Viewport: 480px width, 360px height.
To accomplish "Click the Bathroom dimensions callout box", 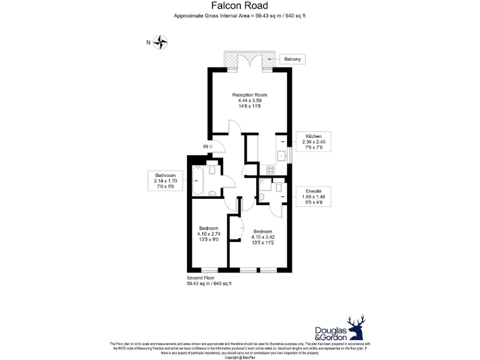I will (166, 181).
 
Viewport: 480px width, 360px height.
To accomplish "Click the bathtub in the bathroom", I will (197, 181).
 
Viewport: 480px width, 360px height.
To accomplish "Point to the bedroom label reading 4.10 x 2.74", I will (208, 234).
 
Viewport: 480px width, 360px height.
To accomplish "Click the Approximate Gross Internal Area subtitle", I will (239, 16).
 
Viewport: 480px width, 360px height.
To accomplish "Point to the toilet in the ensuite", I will (262, 196).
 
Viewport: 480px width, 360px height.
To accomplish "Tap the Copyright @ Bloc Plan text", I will (239, 357).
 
